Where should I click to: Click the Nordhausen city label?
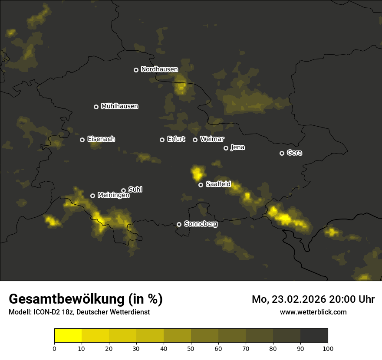(159, 69)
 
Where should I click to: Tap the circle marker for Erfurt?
(162, 140)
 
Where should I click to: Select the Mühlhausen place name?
(119, 106)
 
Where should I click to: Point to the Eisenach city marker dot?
(82, 140)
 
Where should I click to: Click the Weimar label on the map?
(212, 139)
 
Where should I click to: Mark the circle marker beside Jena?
(226, 148)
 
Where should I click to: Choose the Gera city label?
(294, 153)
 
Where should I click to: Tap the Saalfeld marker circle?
(201, 185)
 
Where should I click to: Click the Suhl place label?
(135, 190)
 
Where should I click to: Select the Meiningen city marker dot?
(92, 196)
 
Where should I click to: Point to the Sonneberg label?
(201, 224)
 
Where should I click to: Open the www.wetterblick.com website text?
(313, 312)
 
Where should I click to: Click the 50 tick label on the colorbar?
(191, 348)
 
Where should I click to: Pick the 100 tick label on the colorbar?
(327, 348)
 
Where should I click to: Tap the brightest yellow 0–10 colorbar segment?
(68, 335)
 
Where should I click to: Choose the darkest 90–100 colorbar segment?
(314, 335)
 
